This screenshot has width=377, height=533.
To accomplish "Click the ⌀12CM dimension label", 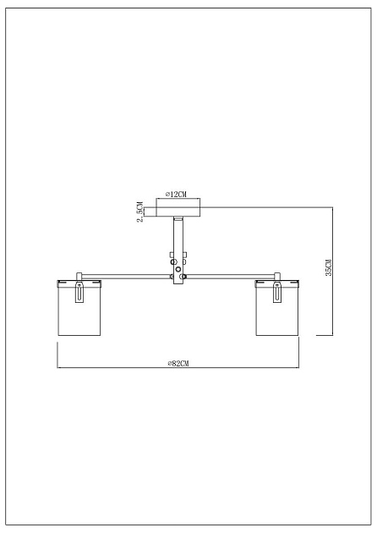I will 177,194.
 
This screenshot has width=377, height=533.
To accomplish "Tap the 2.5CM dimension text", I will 140,210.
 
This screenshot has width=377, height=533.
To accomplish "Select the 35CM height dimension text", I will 329,267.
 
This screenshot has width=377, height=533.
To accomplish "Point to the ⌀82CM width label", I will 178,363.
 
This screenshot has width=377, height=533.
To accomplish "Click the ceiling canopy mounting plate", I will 178,207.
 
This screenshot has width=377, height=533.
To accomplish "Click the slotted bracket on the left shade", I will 79,293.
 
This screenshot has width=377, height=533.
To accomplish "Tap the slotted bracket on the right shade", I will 276,293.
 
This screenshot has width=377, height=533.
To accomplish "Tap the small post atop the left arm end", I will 79,276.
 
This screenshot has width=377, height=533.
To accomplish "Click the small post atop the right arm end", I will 276,276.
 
